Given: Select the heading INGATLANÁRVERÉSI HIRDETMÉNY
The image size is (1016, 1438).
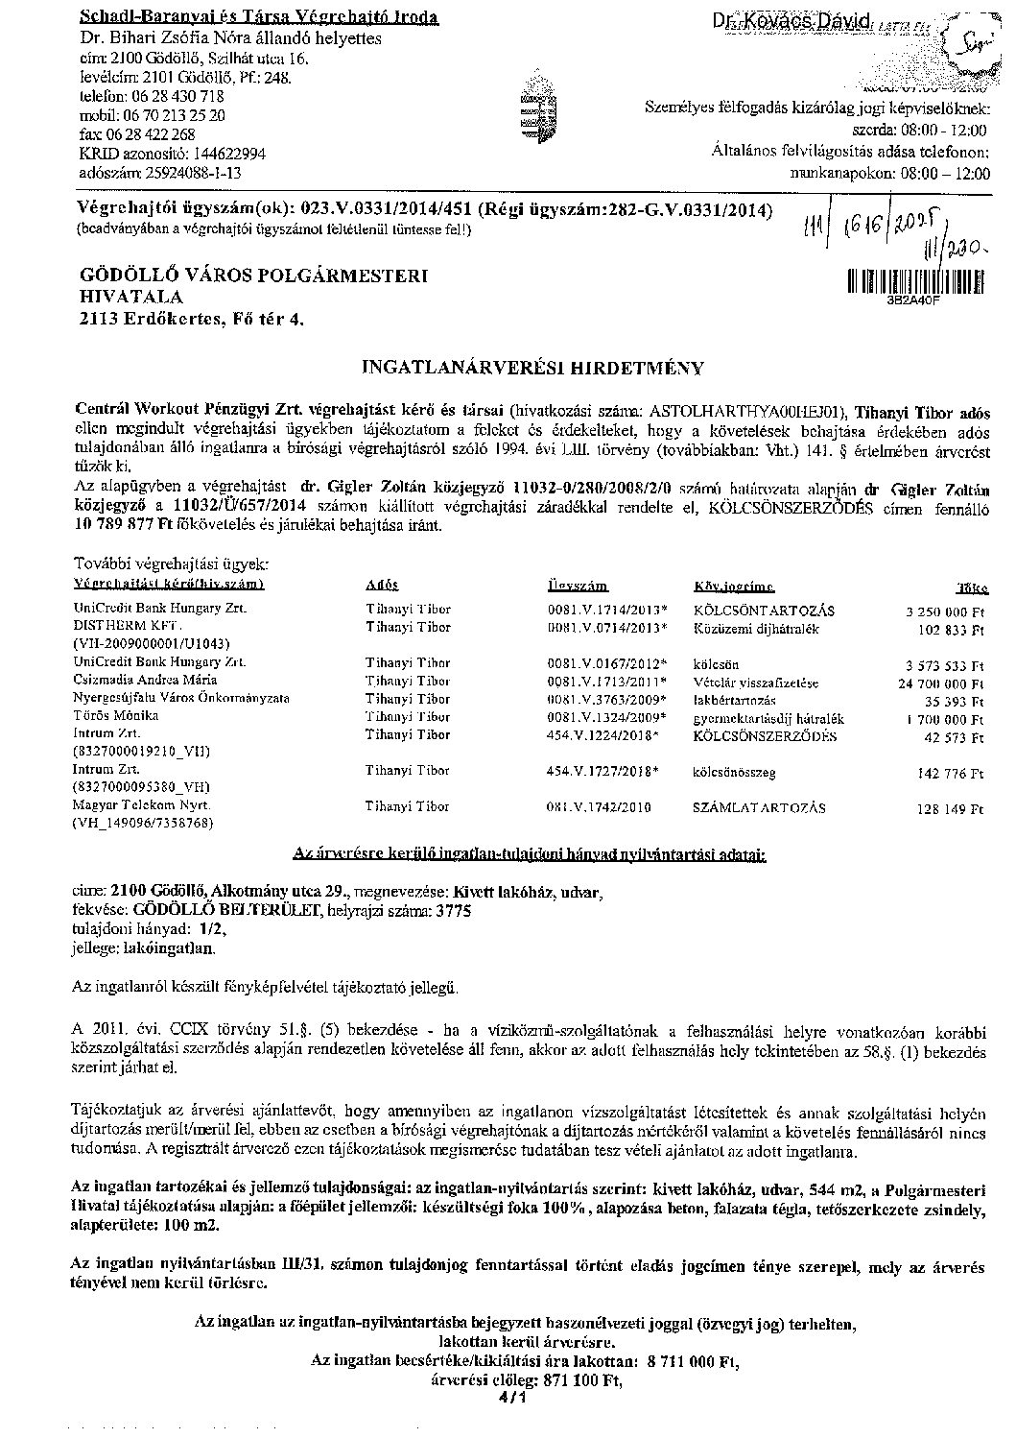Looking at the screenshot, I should [x=532, y=368].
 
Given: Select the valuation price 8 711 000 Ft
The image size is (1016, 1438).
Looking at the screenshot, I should [x=688, y=1361].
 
